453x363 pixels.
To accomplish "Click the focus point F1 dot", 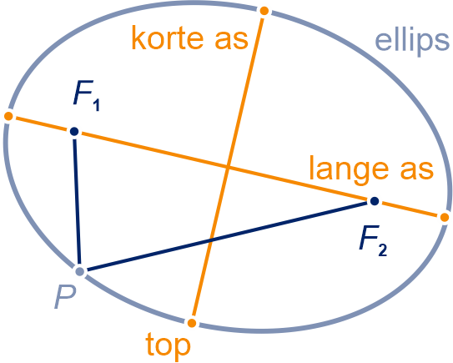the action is [74, 132].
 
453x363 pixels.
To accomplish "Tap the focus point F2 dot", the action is [375, 201].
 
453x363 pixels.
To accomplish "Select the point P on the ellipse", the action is [79, 271].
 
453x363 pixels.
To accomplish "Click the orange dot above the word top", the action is [192, 323].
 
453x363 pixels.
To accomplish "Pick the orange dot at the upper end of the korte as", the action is [264, 11].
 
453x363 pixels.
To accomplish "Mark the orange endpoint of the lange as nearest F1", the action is [8, 116].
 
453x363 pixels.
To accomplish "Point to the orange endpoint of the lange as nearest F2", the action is [445, 217].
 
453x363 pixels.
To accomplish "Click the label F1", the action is [87, 96].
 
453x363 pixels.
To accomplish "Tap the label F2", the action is [373, 245].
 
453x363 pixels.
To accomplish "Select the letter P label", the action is [65, 297].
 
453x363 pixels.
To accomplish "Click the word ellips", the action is [412, 42].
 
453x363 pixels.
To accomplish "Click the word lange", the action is [349, 170].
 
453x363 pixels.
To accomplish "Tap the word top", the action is [169, 345].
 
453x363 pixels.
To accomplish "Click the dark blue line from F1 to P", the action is [77, 201].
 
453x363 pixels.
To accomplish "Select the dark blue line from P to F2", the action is [227, 236].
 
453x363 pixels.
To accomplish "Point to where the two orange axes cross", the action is [228, 167].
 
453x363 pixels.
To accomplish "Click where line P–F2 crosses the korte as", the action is [210, 240].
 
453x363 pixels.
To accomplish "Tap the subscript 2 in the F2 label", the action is [382, 250].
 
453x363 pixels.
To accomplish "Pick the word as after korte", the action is [231, 40].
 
